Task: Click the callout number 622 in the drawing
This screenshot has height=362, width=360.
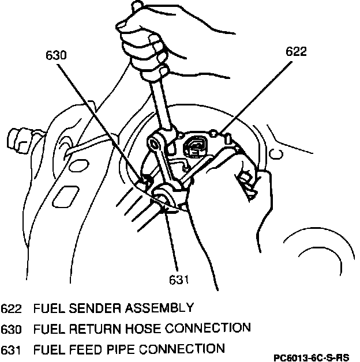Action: pos(295,51)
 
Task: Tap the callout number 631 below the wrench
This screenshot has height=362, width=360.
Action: pos(179,280)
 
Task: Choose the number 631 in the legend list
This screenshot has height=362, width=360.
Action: pos(12,349)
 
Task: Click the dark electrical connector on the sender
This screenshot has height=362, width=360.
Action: pos(194,147)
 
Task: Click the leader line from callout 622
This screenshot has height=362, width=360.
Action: pos(254,95)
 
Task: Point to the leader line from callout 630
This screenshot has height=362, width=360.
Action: pos(101,121)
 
